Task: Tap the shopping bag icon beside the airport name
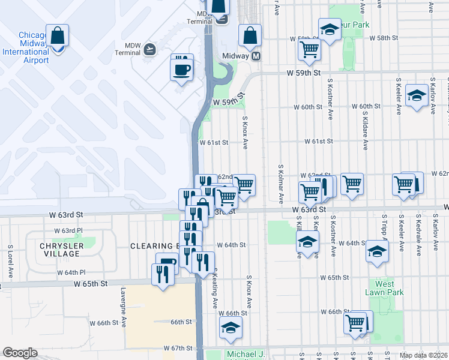click(x=58, y=37)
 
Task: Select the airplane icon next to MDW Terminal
click(x=149, y=49)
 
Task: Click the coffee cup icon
click(x=181, y=68)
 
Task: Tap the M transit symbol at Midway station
click(x=256, y=56)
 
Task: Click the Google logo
click(x=20, y=353)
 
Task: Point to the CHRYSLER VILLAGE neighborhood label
click(x=59, y=250)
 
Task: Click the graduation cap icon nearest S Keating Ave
click(x=229, y=328)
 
